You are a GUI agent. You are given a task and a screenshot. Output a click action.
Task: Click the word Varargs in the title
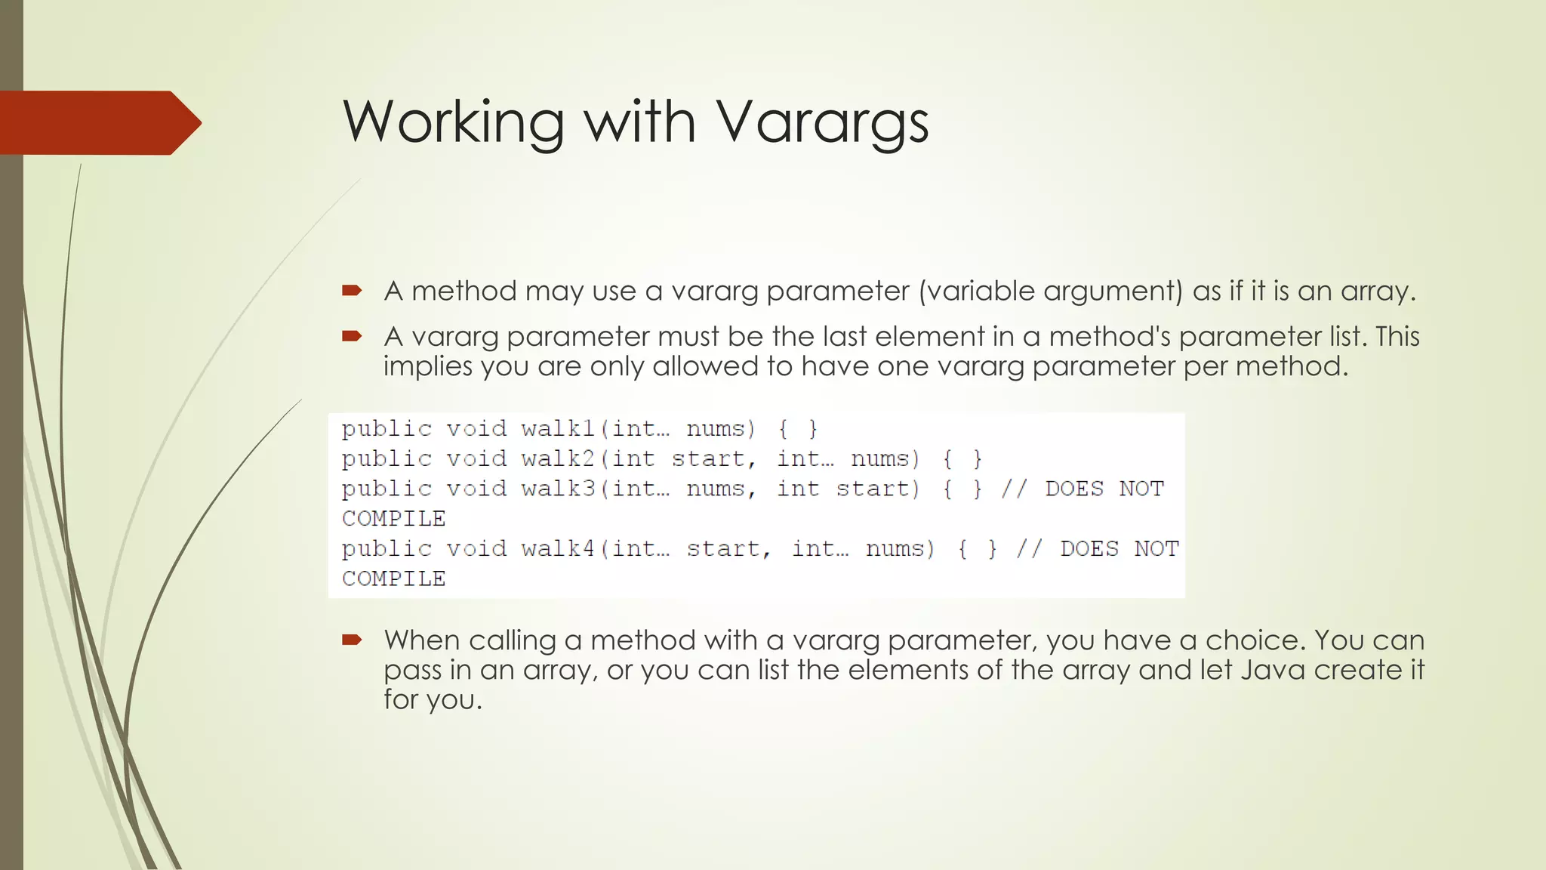[821, 122]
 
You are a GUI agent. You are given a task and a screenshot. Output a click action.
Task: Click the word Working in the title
[453, 122]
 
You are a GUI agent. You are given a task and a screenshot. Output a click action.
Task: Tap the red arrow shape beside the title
[98, 123]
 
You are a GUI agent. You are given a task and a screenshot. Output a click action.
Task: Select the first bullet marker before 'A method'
[352, 290]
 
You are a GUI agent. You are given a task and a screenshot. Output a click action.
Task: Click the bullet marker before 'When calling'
[352, 640]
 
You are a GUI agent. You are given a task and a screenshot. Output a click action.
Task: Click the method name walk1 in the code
[558, 429]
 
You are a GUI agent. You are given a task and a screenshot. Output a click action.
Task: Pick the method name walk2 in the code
[558, 459]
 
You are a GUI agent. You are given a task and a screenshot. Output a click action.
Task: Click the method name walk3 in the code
[558, 489]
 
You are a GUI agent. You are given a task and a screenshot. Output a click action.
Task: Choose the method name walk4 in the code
[558, 549]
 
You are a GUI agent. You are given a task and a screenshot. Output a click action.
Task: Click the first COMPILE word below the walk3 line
[393, 519]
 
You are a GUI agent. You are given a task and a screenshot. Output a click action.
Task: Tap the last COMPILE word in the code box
[393, 579]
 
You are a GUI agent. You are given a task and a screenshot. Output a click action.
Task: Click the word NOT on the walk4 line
[1156, 549]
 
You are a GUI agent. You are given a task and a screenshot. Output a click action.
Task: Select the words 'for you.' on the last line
[433, 699]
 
